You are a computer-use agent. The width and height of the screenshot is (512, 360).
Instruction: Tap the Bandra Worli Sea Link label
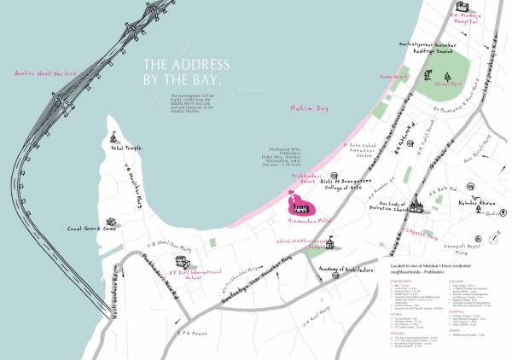47,73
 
